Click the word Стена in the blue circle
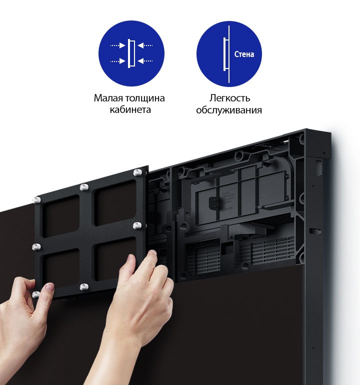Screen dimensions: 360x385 [x=244, y=54]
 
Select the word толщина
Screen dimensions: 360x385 [x=145, y=98]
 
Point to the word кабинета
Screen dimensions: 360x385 [x=130, y=109]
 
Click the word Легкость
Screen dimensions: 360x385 [x=229, y=98]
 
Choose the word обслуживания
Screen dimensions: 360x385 [x=229, y=110]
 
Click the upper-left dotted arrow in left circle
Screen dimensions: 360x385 [x=118, y=45]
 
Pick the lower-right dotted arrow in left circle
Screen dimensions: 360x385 [x=145, y=60]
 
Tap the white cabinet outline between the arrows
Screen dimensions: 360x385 [x=131, y=53]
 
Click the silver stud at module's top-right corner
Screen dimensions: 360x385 [x=137, y=172]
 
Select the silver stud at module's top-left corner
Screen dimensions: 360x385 [x=37, y=200]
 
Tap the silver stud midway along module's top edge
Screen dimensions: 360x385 [x=84, y=187]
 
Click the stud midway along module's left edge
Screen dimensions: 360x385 [x=36, y=247]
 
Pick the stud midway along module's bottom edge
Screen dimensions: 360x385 [x=84, y=287]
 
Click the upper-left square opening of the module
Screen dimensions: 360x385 [x=61, y=216]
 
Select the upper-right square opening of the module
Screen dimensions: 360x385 [x=115, y=202]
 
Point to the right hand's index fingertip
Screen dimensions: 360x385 [x=152, y=253]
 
